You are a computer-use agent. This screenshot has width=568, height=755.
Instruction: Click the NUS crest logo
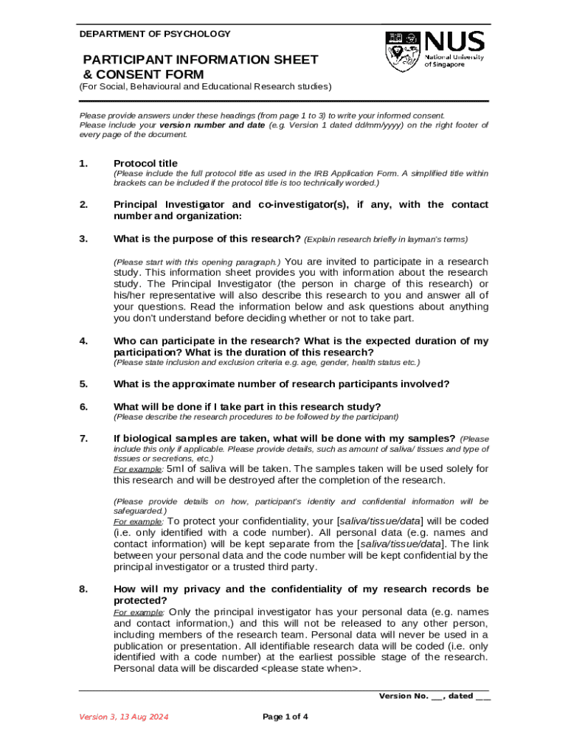pos(402,51)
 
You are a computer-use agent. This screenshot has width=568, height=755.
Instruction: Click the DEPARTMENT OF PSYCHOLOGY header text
pos(155,34)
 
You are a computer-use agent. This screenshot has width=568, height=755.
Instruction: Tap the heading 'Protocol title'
pos(145,163)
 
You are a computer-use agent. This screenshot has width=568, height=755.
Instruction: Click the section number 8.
pos(84,589)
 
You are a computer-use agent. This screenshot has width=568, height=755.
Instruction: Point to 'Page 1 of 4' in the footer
pos(285,717)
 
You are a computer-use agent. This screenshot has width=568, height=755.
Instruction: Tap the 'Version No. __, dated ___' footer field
pos(434,695)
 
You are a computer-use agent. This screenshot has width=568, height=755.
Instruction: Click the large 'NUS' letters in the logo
pos(454,41)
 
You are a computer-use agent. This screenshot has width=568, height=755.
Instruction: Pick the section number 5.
pos(84,383)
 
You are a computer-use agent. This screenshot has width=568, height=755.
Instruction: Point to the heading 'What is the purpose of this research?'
pos(207,238)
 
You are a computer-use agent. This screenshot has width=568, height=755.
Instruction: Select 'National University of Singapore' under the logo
pos(454,60)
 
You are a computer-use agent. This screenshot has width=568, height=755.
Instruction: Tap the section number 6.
pos(84,406)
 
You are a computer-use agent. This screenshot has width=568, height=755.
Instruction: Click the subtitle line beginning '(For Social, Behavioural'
pos(205,87)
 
